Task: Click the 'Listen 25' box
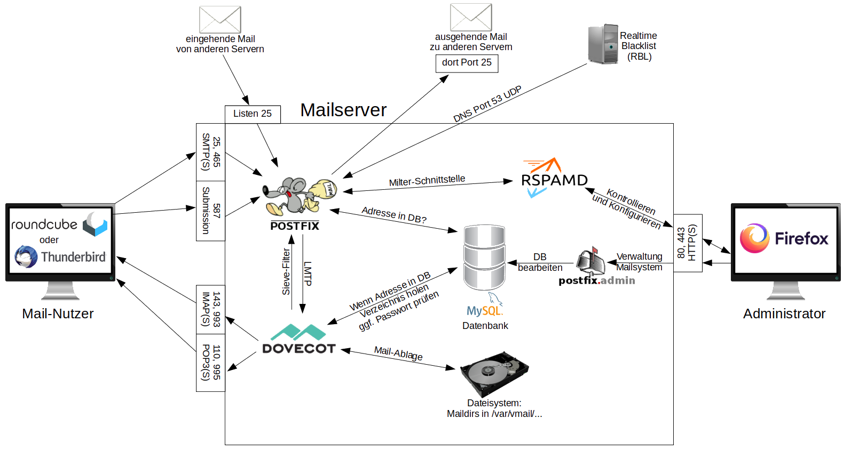pos(253,114)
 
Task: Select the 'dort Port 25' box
pos(467,63)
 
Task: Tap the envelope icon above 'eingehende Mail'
pos(220,20)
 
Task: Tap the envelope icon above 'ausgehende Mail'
pos(470,17)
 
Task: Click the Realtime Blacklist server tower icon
pos(603,44)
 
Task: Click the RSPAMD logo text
pos(554,180)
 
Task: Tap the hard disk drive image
pos(494,373)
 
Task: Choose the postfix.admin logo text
pos(596,280)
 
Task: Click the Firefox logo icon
pos(754,238)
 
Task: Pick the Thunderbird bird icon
pos(26,257)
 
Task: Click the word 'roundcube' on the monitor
pos(44,224)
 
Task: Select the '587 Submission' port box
pos(210,211)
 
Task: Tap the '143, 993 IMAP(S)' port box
pos(210,309)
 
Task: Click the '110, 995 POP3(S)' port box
pos(210,363)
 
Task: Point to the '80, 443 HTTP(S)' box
pos(687,243)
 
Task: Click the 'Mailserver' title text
pos(343,110)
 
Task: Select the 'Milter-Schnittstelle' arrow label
pos(427,181)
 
